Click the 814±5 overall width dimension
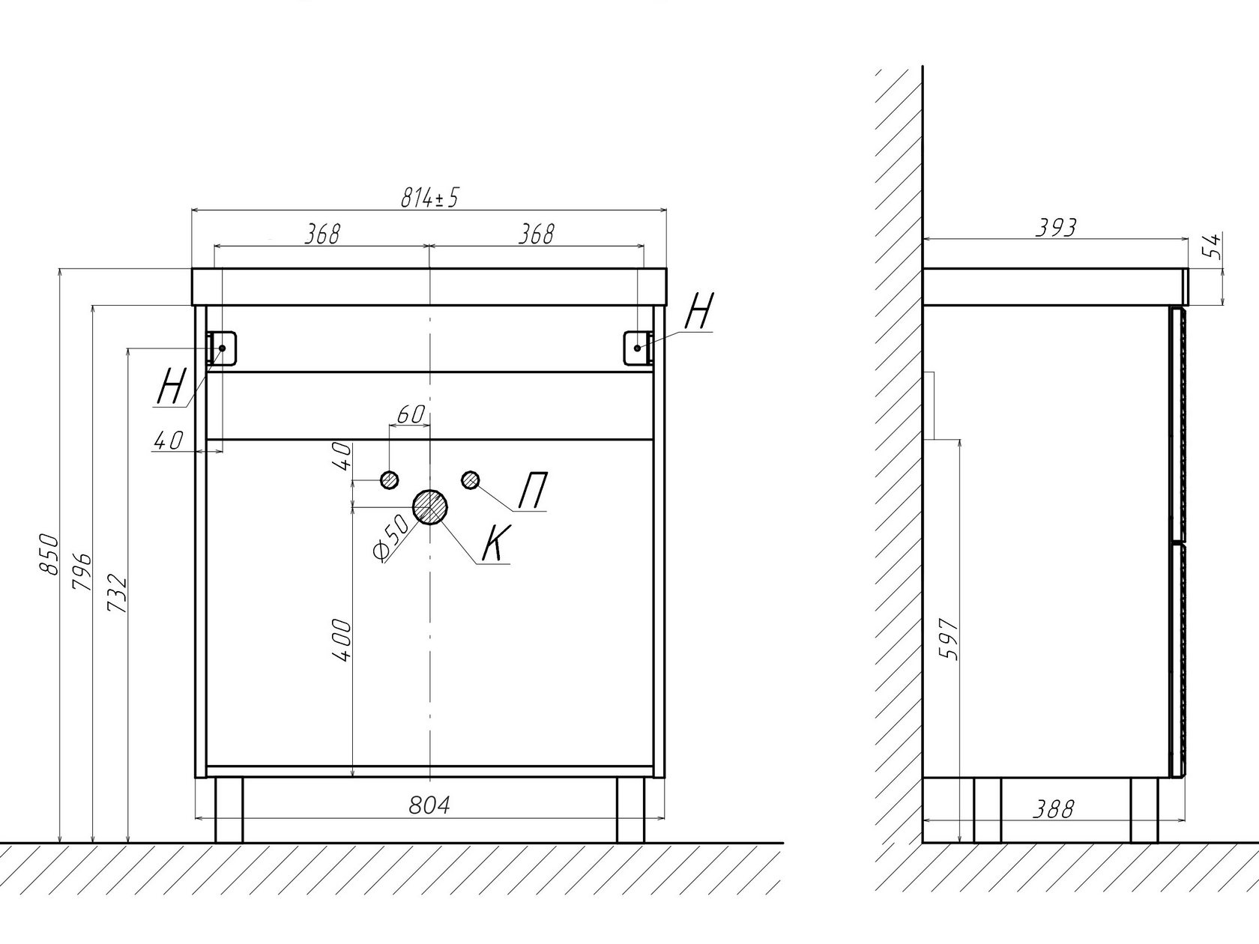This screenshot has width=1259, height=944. [x=429, y=199]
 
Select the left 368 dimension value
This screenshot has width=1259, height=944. [x=321, y=234]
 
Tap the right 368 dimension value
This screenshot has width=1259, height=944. [x=537, y=234]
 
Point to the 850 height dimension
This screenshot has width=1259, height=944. [x=49, y=554]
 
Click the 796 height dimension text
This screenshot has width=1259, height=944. [x=82, y=572]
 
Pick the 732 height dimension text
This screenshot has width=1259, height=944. [x=117, y=593]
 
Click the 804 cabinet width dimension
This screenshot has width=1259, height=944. [x=429, y=805]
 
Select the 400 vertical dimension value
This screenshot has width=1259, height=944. [x=342, y=641]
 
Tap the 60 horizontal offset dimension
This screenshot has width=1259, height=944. [x=410, y=414]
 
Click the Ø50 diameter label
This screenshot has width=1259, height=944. [x=391, y=538]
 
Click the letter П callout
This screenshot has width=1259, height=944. [x=532, y=490]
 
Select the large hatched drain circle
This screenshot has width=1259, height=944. [x=430, y=507]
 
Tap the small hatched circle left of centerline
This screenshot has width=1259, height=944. [x=390, y=479]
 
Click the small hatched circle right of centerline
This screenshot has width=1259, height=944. [x=471, y=480]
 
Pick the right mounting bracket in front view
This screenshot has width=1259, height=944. [x=638, y=348]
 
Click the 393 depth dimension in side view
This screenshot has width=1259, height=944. [x=1056, y=228]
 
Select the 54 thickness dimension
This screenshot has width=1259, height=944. [x=1214, y=246]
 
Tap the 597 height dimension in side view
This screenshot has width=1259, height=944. [x=949, y=639]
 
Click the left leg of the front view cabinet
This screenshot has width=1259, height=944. [x=229, y=810]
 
